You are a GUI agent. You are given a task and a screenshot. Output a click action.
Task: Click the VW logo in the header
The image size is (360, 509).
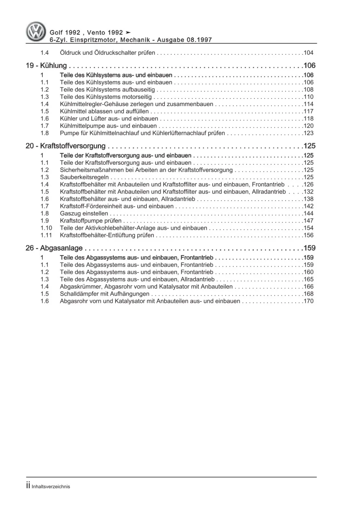click(x=36, y=32)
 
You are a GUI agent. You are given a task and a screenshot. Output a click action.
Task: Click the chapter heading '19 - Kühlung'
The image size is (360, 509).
click(x=46, y=65)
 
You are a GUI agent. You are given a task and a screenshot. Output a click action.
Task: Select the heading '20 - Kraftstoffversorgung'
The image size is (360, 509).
click(x=66, y=146)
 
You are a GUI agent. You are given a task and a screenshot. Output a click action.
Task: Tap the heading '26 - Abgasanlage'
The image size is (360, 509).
click(x=54, y=248)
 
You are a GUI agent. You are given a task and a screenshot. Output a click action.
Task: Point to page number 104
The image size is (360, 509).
click(x=309, y=53)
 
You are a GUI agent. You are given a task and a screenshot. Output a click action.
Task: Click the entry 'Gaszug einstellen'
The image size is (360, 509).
click(x=84, y=214)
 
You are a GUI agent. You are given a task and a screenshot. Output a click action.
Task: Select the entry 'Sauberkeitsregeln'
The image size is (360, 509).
click(x=84, y=177)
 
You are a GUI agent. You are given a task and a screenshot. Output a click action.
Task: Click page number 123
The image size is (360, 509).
click(x=309, y=133)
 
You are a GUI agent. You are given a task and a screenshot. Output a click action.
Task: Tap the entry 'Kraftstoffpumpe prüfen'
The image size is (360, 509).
click(x=91, y=221)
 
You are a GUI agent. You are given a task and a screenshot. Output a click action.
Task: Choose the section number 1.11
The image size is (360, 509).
click(x=46, y=235)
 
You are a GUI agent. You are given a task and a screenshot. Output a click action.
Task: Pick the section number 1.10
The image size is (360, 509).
click(x=46, y=228)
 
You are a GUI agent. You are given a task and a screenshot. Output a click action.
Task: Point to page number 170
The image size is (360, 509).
click(x=309, y=301)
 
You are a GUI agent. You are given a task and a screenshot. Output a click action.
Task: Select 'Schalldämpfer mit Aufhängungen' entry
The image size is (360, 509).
click(x=104, y=294)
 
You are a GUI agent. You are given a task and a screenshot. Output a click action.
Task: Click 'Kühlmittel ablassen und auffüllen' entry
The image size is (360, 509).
click(x=104, y=112)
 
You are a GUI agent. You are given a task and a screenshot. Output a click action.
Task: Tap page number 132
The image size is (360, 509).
click(x=309, y=192)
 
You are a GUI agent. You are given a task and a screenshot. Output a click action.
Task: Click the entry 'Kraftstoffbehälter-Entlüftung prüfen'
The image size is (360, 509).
click(x=107, y=235)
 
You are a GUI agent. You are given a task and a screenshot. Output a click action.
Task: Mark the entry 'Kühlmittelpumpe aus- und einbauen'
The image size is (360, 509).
click(x=108, y=126)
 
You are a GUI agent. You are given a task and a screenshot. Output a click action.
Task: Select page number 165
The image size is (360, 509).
click(x=309, y=280)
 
